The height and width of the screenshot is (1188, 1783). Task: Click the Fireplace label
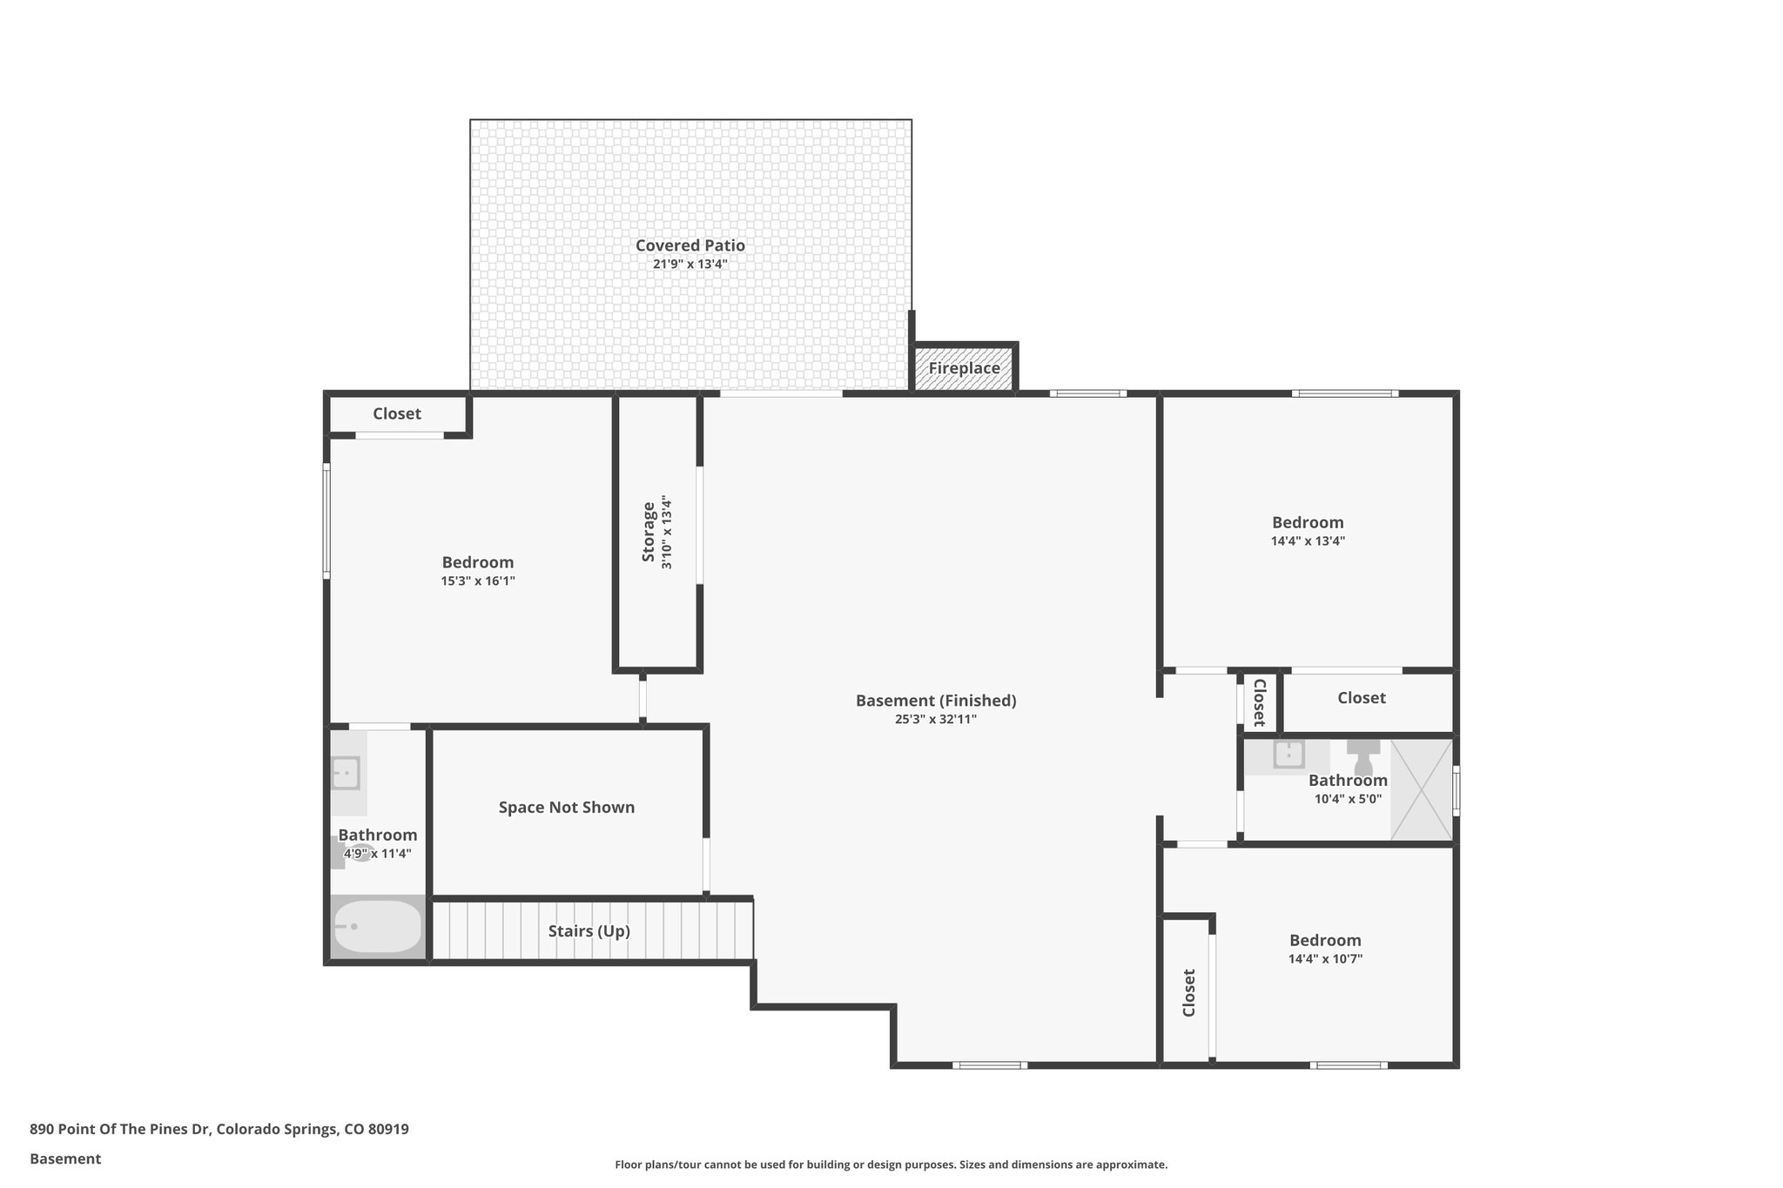pyautogui.click(x=963, y=368)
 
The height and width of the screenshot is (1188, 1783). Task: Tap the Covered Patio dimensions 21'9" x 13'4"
pyautogui.click(x=690, y=264)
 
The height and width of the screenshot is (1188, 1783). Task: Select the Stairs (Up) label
pyautogui.click(x=589, y=931)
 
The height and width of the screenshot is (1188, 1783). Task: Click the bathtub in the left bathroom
pyautogui.click(x=378, y=927)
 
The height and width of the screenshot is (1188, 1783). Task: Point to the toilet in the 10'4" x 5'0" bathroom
pyautogui.click(x=1363, y=755)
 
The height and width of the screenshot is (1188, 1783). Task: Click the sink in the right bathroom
pyautogui.click(x=1288, y=755)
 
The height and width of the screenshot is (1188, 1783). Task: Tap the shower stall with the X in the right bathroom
pyautogui.click(x=1421, y=790)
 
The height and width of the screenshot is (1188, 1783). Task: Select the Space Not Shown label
pyautogui.click(x=566, y=808)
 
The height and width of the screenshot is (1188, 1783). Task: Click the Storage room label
pyautogui.click(x=649, y=531)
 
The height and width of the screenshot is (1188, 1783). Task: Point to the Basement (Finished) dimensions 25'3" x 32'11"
pyautogui.click(x=936, y=720)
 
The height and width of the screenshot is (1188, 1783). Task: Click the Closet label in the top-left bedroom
pyautogui.click(x=397, y=414)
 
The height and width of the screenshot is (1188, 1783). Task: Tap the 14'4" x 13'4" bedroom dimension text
pyautogui.click(x=1308, y=540)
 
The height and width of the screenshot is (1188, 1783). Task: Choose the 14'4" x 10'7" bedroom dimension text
pyautogui.click(x=1325, y=959)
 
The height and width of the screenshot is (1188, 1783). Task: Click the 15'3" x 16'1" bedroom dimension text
pyautogui.click(x=478, y=581)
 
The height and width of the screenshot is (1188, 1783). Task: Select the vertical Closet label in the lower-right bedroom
pyautogui.click(x=1188, y=992)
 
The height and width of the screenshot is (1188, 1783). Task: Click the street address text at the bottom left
pyautogui.click(x=219, y=1130)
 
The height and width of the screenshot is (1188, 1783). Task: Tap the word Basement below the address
pyautogui.click(x=65, y=1159)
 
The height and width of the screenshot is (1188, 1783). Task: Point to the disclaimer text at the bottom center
pyautogui.click(x=891, y=1165)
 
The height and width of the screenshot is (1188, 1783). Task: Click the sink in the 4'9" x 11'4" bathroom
pyautogui.click(x=346, y=773)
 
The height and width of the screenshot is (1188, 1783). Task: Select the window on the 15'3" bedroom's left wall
pyautogui.click(x=326, y=521)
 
